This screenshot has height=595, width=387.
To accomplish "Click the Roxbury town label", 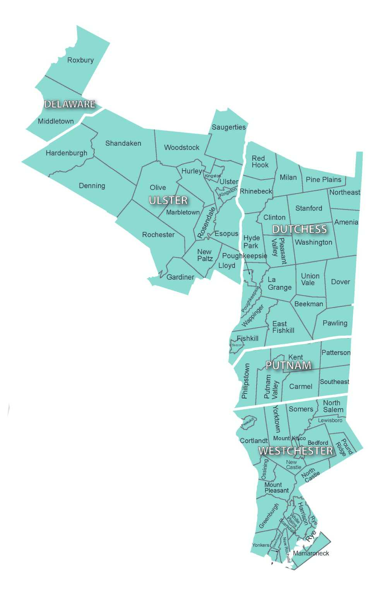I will point(80,60).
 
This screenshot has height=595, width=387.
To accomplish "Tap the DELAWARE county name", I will point(70,104).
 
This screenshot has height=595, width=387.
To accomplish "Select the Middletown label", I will point(56,121).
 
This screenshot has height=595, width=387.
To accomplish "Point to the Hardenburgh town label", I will point(67,153).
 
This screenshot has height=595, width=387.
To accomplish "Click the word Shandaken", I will point(123,143).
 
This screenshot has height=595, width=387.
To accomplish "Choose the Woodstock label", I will point(182,147).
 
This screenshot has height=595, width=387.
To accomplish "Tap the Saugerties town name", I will point(228,127).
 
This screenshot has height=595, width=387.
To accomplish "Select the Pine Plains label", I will point(324,180).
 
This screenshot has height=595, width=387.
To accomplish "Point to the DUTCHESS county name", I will point(299,229).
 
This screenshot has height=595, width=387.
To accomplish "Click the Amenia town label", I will point(346,222).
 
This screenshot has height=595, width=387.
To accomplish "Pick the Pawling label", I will point(335,323).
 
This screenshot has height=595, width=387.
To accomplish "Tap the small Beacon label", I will point(237,345).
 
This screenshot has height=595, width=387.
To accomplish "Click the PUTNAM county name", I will point(288,365).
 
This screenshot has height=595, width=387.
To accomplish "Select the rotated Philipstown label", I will point(245,381).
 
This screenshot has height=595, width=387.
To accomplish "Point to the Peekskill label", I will point(248,422).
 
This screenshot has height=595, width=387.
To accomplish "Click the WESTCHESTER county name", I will point(295,451).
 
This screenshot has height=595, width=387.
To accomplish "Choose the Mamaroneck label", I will point(311,553).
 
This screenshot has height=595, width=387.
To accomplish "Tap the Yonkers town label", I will point(260,545).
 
